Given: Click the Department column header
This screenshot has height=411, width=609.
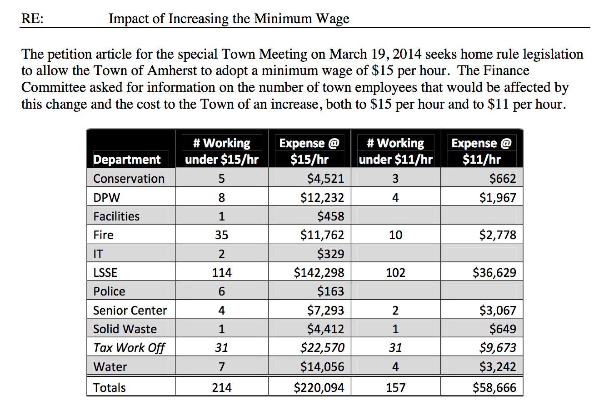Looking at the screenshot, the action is click(x=127, y=160).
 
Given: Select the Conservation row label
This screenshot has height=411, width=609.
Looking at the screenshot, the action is click(x=129, y=179).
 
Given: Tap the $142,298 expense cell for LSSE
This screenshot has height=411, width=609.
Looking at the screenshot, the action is click(x=319, y=272).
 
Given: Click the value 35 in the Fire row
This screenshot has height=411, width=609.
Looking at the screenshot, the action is click(x=221, y=235).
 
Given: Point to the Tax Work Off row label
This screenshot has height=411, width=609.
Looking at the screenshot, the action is click(x=129, y=348).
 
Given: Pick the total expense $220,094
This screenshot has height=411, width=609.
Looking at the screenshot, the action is click(x=319, y=388).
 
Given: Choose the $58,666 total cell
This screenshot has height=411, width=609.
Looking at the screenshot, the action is click(x=494, y=388).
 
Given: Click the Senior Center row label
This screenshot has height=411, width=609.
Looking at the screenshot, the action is click(x=130, y=311).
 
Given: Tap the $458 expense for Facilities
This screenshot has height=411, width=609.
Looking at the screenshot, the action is click(x=330, y=216).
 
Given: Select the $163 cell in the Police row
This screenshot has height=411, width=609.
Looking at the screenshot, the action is click(x=330, y=291).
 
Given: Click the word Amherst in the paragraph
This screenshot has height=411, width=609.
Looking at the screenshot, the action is click(x=172, y=71).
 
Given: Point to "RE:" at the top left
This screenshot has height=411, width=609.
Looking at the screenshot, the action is click(x=32, y=19).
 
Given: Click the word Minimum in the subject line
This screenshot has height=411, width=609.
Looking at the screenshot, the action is click(x=283, y=19).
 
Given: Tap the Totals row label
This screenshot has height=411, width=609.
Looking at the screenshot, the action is click(x=109, y=388).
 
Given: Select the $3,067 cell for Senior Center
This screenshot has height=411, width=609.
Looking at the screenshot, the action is click(x=497, y=311).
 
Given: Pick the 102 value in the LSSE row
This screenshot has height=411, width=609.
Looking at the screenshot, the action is click(x=395, y=272).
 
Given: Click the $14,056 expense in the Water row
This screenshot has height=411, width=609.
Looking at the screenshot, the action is click(x=322, y=366).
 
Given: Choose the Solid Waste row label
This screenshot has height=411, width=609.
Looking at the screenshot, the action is click(x=125, y=329).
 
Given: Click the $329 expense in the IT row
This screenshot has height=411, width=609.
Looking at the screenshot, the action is click(x=330, y=254).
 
